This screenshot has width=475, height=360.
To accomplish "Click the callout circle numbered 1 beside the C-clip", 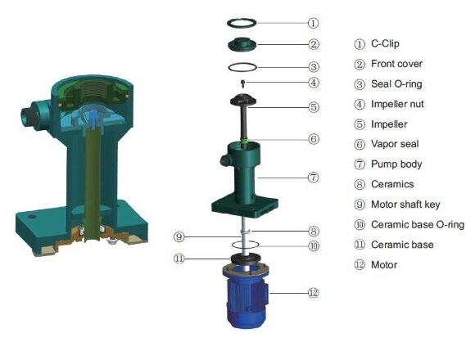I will click(x=314, y=23).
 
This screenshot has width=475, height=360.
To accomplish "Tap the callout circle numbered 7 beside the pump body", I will click(x=314, y=177).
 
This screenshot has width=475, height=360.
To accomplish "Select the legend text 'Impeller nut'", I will click(x=398, y=104).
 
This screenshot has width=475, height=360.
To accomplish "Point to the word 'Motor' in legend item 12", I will click(x=384, y=264).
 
